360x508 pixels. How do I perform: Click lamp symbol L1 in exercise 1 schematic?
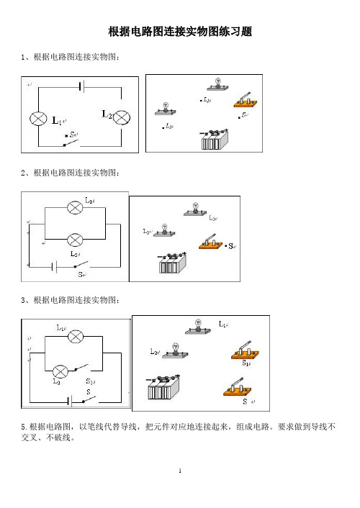(38, 119)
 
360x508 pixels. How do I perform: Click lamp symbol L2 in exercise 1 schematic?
(122, 117)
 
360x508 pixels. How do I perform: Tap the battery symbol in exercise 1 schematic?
(82, 87)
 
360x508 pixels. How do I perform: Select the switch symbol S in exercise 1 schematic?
(71, 143)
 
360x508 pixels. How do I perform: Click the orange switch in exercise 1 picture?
(246, 101)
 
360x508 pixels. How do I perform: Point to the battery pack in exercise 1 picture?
(215, 139)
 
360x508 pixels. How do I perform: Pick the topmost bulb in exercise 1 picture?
(218, 84)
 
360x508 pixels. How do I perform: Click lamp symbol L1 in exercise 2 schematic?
(75, 207)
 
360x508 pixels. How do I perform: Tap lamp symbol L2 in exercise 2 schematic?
(75, 240)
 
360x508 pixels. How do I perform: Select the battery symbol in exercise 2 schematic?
(55, 267)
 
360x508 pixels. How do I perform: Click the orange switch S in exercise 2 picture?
(211, 242)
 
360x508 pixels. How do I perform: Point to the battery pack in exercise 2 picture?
(173, 263)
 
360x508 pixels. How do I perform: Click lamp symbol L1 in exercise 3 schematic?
(76, 337)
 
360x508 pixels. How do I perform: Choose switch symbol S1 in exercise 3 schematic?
(81, 368)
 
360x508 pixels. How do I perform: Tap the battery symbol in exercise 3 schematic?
(70, 401)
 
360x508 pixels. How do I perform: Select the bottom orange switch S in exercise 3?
(238, 387)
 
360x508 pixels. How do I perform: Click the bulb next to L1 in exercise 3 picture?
(198, 327)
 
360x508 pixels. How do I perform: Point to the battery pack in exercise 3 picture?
(163, 387)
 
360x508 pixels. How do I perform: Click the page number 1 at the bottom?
(180, 471)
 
